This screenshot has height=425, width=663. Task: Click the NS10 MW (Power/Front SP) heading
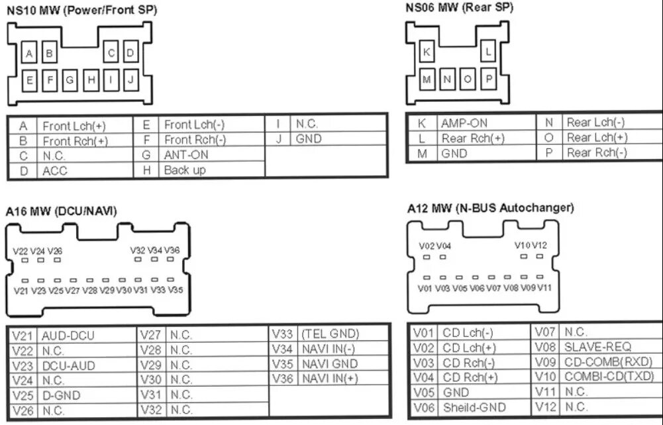(81, 11)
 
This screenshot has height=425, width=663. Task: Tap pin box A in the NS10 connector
(29, 52)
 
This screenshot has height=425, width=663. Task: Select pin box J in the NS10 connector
(130, 80)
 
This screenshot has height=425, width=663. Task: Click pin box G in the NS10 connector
(70, 81)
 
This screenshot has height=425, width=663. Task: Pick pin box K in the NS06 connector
(427, 51)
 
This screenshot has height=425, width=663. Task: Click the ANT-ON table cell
(185, 155)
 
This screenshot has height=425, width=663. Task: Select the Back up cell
(185, 170)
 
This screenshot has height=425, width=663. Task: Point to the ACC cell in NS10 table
(55, 171)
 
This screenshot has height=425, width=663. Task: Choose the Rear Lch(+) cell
(596, 138)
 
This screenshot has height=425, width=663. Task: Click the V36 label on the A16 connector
(172, 250)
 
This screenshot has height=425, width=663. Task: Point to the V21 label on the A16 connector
(21, 290)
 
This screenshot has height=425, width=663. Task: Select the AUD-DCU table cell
(68, 336)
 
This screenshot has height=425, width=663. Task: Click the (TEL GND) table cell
(330, 334)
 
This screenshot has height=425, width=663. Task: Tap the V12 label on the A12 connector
(540, 246)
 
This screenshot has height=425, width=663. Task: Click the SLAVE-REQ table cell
(597, 347)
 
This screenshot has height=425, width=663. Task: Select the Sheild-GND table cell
(474, 408)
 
